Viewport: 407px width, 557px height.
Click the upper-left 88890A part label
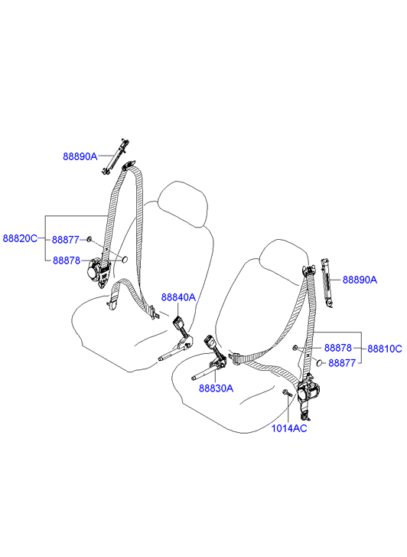tap(80, 156)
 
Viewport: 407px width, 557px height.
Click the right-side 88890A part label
tap(360, 280)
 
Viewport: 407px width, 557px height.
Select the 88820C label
tap(20, 238)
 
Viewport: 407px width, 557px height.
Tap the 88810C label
tap(385, 349)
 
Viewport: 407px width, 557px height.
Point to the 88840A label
tap(178, 297)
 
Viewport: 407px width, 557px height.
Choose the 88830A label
tap(216, 388)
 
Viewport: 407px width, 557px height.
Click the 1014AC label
tap(289, 428)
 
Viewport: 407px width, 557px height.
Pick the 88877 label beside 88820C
tap(66, 240)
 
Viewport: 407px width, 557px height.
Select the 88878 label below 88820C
tap(67, 260)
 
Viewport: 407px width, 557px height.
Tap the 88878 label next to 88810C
tap(338, 348)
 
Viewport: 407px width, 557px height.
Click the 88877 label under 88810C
tap(342, 363)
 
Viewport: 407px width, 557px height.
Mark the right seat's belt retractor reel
tap(307, 392)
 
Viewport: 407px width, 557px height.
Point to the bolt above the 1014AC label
tap(287, 393)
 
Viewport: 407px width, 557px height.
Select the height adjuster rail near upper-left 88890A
tap(115, 156)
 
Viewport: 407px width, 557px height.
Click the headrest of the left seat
tap(183, 204)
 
